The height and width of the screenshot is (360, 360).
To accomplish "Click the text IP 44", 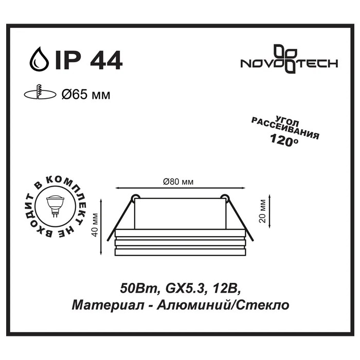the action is (88, 60).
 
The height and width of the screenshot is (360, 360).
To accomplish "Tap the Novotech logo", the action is (289, 59).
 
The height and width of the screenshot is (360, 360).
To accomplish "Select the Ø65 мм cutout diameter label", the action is (86, 94).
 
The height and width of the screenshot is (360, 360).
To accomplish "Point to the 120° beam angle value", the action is (284, 139).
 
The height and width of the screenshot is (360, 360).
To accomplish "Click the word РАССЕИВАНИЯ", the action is (285, 129).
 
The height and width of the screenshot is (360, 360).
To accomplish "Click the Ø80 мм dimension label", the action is (178, 182).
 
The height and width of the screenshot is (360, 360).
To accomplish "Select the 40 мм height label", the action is (95, 225).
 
